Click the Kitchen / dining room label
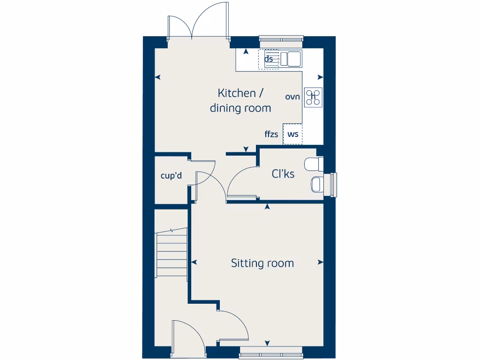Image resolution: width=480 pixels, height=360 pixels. pyautogui.click(x=240, y=100)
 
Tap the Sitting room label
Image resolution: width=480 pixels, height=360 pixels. pyautogui.click(x=262, y=263)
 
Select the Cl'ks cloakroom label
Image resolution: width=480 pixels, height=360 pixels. pyautogui.click(x=283, y=174)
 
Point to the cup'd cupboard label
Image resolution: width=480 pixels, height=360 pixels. pyautogui.click(x=171, y=176)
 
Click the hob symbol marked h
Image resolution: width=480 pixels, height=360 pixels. pyautogui.click(x=313, y=97)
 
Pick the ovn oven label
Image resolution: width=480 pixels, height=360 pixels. pyautogui.click(x=292, y=97)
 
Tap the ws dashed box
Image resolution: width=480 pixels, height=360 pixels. pyautogui.click(x=293, y=134)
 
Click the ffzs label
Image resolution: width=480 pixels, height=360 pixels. pyautogui.click(x=271, y=135)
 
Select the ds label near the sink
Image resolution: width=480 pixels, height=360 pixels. pyautogui.click(x=269, y=59)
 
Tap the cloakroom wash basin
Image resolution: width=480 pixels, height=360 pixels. pyautogui.click(x=316, y=184)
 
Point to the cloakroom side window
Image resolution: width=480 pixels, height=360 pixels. pyautogui.click(x=333, y=184)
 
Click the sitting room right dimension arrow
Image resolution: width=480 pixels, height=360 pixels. pyautogui.click(x=320, y=262)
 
